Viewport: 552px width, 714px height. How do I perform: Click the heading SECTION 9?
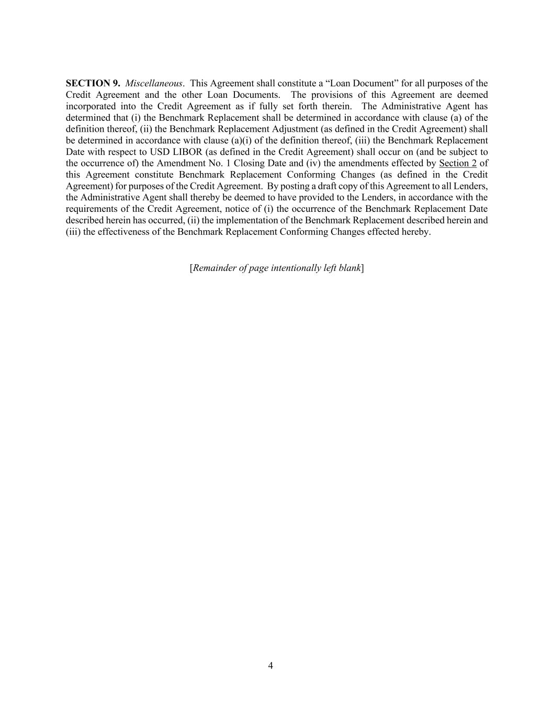[x=93, y=83]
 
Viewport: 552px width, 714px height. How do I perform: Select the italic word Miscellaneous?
[x=154, y=83]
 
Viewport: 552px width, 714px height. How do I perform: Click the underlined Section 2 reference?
[x=457, y=163]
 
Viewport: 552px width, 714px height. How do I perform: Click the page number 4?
[x=271, y=665]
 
